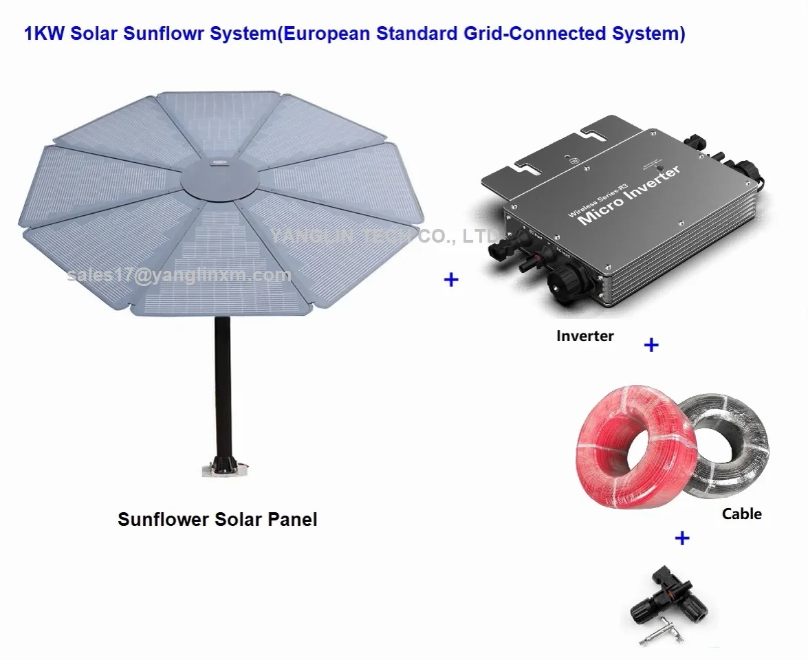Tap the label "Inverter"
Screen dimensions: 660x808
pos(585,336)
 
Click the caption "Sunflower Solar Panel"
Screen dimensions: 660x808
pos(217,519)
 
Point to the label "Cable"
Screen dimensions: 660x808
pos(741,514)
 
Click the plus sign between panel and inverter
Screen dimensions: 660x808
pos(451,279)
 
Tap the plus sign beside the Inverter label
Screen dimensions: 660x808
pos(651,344)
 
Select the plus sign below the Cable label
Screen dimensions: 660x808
pos(681,538)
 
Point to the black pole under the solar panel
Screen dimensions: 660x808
pos(222,385)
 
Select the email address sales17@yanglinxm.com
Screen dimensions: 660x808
pos(179,276)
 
